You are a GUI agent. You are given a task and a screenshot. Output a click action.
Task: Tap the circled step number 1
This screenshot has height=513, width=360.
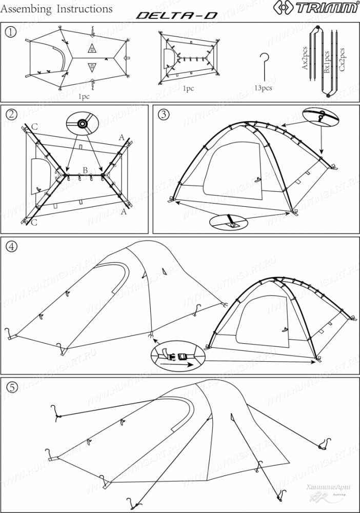pos(10,31)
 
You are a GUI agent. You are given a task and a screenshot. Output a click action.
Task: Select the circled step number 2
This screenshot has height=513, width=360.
pos(10,114)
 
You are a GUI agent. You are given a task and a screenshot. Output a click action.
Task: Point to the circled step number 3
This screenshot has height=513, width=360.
pos(163,114)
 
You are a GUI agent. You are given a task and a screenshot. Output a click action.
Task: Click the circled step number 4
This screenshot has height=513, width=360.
pos(11,246)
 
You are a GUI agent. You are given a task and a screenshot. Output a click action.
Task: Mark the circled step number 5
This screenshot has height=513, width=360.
pos(10,387)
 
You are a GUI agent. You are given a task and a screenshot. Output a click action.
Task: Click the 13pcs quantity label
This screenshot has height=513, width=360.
pos(263,88)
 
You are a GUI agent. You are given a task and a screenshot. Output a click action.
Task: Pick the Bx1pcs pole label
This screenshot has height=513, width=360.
pos(327,62)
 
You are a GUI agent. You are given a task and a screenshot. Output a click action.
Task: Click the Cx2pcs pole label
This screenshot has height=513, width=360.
pos(342,60)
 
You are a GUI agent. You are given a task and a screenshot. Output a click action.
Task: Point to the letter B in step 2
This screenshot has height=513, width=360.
pos(85,170)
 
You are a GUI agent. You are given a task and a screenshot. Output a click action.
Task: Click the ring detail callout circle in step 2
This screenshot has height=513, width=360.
pos(82,124)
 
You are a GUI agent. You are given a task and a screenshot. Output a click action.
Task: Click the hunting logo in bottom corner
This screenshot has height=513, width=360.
pos(328,492)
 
